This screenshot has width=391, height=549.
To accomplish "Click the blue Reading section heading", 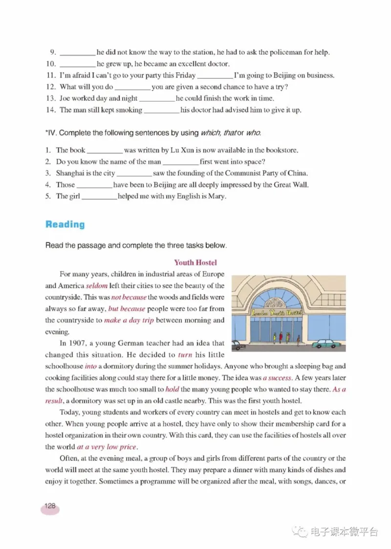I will click(65, 225).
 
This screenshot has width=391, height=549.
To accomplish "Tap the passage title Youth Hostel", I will click(195, 263).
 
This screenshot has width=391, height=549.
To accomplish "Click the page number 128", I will click(50, 506).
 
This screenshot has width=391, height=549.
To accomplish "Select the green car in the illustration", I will click(326, 343).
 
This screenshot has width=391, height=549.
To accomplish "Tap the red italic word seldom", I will click(97, 286).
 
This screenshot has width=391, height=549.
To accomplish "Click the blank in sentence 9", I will click(77, 53).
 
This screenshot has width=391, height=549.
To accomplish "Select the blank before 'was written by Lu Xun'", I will click(104, 151).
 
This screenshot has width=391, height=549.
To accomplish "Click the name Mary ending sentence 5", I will click(219, 197).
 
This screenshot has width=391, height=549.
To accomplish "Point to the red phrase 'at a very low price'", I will click(107, 447).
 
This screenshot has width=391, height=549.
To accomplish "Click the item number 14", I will click(51, 110).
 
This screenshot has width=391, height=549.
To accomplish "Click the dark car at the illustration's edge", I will click(238, 345).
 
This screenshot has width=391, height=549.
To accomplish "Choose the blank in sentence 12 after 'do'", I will click(132, 88).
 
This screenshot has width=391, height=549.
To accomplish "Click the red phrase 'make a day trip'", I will click(127, 320).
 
